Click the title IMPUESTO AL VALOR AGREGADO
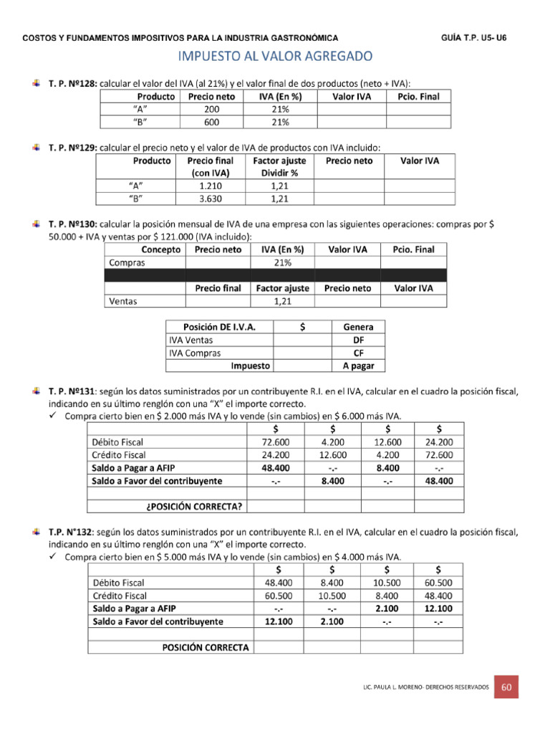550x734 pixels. coord(274,55)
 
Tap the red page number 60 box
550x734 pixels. coord(507,687)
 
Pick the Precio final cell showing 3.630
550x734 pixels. coord(211,199)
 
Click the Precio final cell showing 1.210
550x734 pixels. coord(211,186)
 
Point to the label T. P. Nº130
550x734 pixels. coord(72,224)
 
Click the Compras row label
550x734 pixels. coord(127,262)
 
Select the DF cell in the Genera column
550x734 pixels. coord(358,340)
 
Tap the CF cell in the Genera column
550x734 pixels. coord(358,353)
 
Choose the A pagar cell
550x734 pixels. coord(358,366)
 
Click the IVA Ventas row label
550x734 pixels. coord(190,340)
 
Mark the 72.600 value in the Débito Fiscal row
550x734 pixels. coord(276,442)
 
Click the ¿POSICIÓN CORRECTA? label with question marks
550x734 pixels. coord(193,507)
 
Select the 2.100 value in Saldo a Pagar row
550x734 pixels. coord(387,609)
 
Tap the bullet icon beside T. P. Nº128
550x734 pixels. coord(37,84)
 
